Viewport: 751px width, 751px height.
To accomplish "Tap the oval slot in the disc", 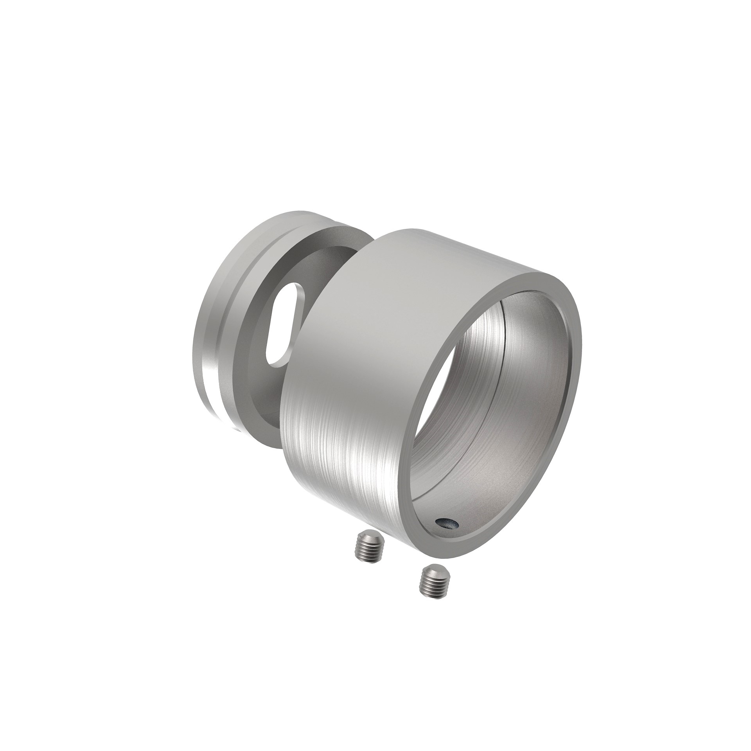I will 281,326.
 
